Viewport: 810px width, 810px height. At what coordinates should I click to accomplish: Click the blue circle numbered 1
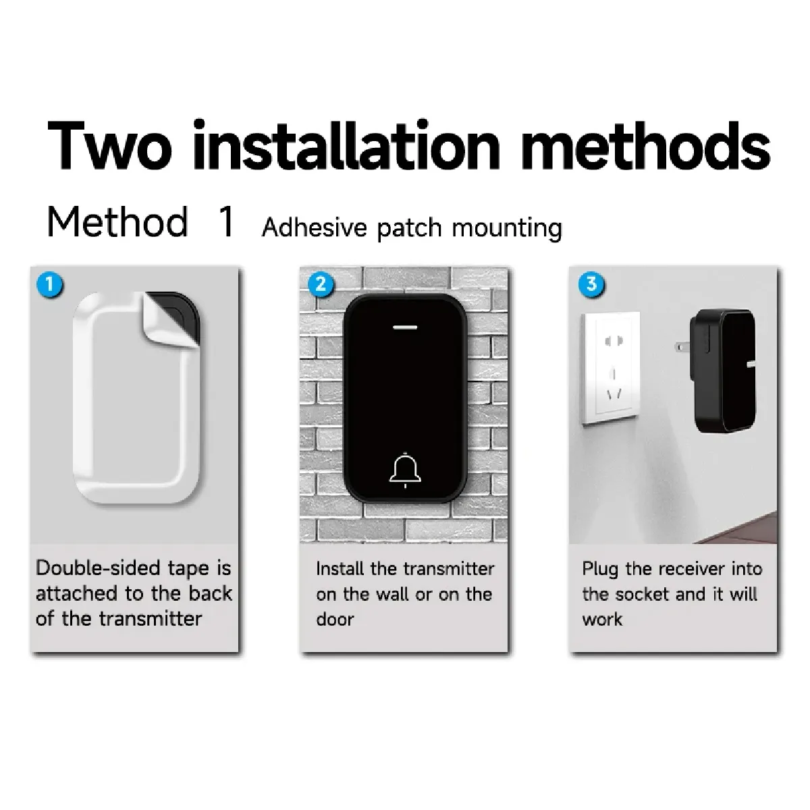tap(50, 285)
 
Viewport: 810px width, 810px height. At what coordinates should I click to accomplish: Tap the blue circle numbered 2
tap(321, 285)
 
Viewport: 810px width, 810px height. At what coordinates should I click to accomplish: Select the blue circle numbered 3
tap(591, 284)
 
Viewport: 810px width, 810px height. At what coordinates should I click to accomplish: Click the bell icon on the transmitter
tap(405, 470)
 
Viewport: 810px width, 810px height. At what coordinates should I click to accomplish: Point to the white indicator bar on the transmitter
tap(405, 327)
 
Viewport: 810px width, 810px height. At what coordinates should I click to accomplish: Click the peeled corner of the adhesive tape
tap(170, 319)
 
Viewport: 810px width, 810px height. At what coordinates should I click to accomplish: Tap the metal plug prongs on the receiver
tap(682, 347)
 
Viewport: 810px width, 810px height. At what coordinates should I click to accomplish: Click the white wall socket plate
tap(611, 368)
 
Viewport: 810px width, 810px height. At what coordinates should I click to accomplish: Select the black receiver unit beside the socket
tap(722, 371)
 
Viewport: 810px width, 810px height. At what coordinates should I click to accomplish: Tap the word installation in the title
tap(346, 144)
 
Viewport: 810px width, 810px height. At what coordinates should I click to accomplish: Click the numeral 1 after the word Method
tap(227, 222)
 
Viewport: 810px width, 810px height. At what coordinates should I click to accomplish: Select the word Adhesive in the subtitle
tap(315, 227)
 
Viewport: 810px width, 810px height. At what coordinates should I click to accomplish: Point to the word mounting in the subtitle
tap(507, 229)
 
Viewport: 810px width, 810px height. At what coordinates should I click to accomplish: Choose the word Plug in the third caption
tap(600, 570)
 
